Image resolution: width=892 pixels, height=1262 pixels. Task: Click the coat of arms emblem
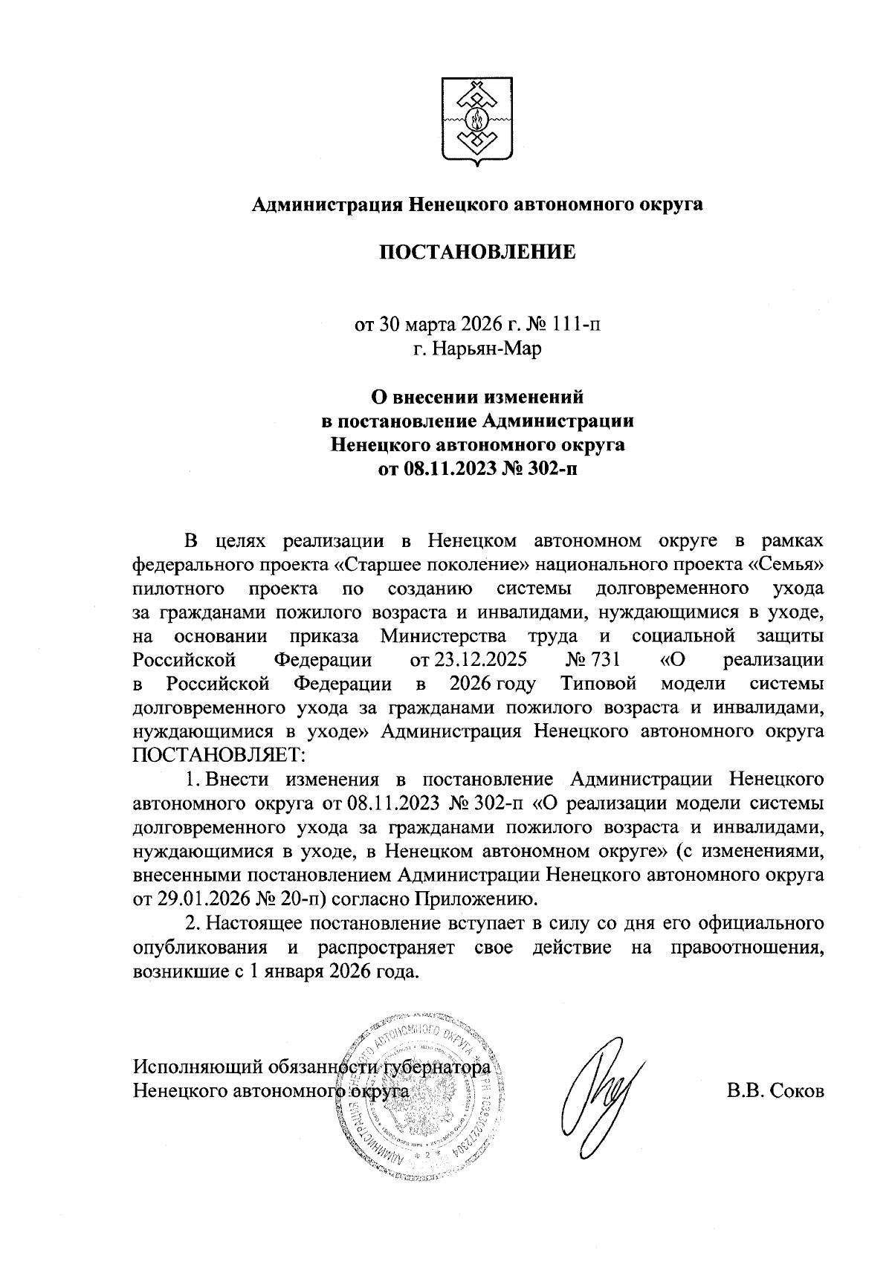(476, 118)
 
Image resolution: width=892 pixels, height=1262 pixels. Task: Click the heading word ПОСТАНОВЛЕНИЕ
(478, 252)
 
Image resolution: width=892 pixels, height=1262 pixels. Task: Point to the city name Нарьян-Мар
(488, 349)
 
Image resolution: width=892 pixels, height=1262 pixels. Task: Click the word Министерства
(443, 635)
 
